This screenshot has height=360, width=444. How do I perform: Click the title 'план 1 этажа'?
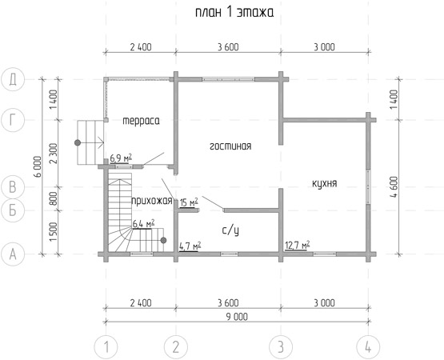click(234, 13)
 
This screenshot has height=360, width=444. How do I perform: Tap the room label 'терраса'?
click(141, 121)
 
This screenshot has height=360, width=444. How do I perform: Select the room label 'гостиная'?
click(230, 146)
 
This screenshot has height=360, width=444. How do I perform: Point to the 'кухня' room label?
click(325, 184)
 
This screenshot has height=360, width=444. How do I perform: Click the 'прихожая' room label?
click(152, 201)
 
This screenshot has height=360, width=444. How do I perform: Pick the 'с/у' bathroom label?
click(230, 231)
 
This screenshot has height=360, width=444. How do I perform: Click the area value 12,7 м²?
click(297, 245)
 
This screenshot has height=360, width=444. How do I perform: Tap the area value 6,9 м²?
click(121, 158)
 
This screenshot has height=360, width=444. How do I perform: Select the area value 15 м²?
click(189, 202)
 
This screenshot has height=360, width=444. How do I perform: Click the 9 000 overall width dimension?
click(237, 317)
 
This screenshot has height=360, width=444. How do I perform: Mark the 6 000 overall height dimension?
click(38, 166)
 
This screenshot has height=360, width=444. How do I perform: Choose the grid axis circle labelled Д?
click(13, 79)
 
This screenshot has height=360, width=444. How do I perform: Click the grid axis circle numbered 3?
click(281, 347)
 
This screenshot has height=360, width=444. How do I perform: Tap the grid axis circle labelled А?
click(13, 254)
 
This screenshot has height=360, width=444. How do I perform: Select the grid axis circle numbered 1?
click(106, 347)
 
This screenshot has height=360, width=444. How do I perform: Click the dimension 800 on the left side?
click(54, 199)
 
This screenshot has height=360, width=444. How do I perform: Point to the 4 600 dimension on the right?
click(394, 187)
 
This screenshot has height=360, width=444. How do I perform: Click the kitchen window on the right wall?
click(368, 186)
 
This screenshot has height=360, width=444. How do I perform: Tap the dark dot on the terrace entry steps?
click(78, 142)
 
